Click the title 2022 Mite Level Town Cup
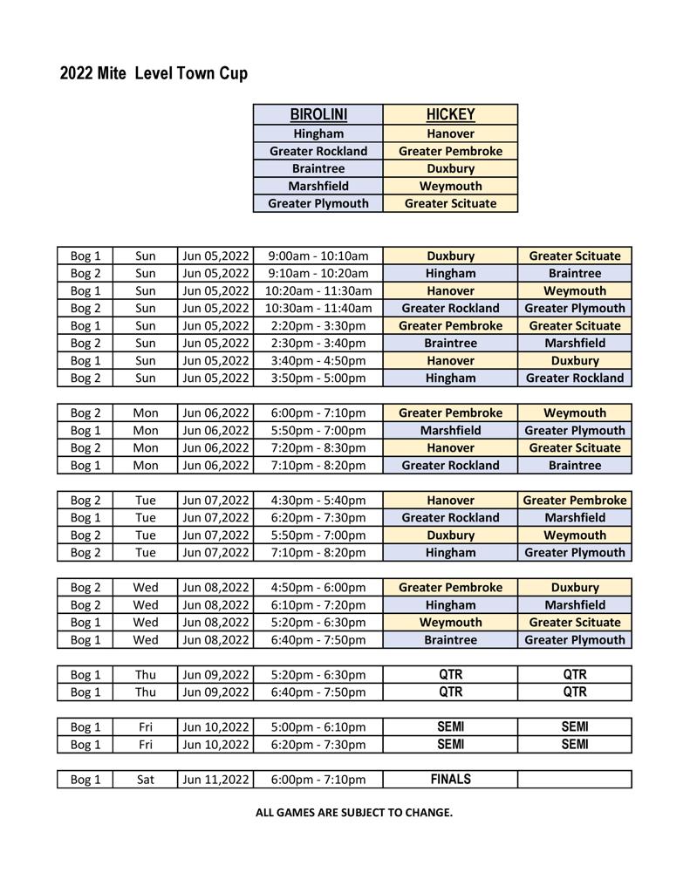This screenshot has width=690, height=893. tap(154, 73)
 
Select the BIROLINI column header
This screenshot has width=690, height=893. tap(318, 114)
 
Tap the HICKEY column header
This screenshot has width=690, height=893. tap(450, 114)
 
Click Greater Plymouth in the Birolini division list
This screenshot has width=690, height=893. tap(318, 203)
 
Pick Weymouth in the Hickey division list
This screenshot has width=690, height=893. tap(450, 186)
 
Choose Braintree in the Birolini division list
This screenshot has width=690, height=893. tap(318, 168)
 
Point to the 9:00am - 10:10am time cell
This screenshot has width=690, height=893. tap(318, 256)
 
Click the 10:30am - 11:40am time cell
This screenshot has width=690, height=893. tap(318, 308)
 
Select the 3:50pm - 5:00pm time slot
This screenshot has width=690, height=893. tap(318, 378)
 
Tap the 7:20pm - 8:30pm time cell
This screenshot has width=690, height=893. tap(318, 447)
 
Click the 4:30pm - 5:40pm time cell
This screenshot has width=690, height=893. tap(318, 500)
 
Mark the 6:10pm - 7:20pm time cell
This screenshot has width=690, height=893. tap(318, 604)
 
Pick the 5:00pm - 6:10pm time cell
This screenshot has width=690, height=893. tap(318, 726)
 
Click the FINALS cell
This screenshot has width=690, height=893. tap(450, 779)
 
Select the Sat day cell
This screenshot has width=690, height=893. tap(146, 779)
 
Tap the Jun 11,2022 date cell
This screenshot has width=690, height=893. tap(215, 779)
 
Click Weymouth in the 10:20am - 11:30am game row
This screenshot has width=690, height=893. tap(575, 290)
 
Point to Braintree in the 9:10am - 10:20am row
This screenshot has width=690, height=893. tap(575, 273)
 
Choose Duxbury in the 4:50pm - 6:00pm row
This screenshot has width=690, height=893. tap(575, 587)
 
